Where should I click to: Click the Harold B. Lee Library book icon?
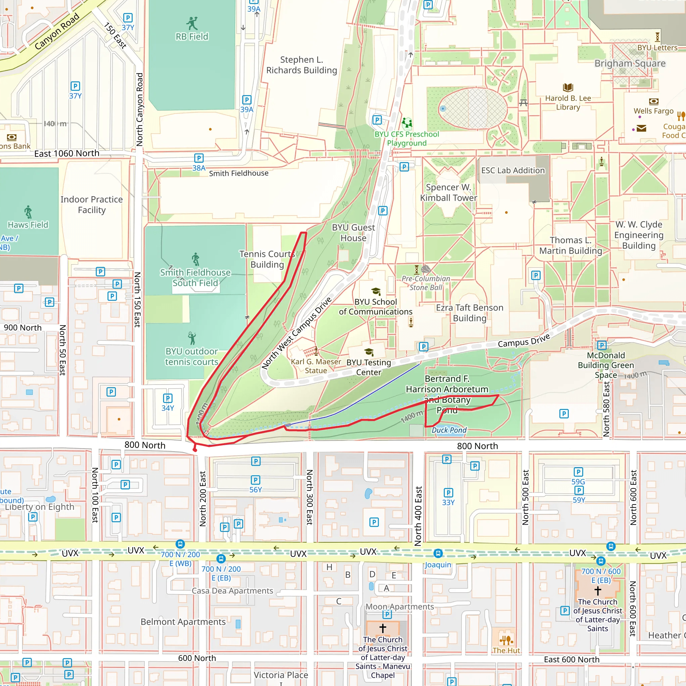[x=568, y=87]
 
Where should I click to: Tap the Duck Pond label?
[x=449, y=430]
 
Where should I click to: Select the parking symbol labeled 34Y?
[x=167, y=398]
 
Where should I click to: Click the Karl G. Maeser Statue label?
[x=316, y=366]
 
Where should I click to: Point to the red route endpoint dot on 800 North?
[x=195, y=450]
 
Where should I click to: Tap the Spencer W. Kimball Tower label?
[x=449, y=193]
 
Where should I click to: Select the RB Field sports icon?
[x=192, y=23]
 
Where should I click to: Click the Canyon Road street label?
[x=57, y=31]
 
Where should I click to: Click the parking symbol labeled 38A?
[x=199, y=158]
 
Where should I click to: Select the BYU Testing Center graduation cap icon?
[x=369, y=352]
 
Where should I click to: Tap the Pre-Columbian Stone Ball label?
[x=426, y=283]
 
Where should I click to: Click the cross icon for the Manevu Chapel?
[x=383, y=628]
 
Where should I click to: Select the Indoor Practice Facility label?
[x=91, y=205]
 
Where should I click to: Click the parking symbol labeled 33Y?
[x=448, y=492]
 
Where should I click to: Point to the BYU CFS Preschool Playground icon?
[x=407, y=123]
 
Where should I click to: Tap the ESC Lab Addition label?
[x=513, y=170]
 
